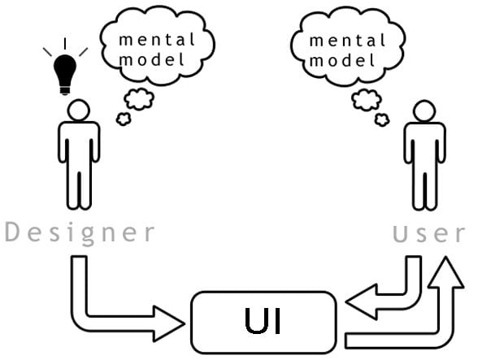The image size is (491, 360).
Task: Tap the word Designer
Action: [x=80, y=233]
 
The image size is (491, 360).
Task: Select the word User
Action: [x=429, y=234]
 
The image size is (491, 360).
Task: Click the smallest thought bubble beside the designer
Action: [x=124, y=119]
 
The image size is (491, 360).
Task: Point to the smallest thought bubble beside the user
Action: [x=381, y=119]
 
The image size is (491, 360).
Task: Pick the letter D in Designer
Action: [x=12, y=233]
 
